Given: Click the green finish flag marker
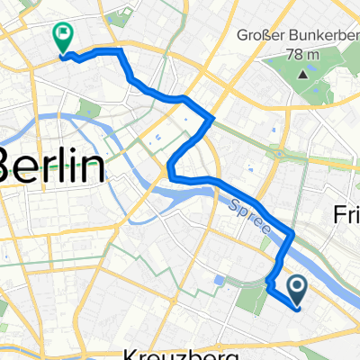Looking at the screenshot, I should pos(64,37).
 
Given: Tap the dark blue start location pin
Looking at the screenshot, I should pos(297,288).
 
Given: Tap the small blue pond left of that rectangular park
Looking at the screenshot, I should pos(219,280).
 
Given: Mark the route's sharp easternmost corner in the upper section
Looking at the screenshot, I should pos(212,118).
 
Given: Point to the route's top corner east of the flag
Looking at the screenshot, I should pos(118,51).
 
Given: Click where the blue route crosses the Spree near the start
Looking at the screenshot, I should pos(290,236).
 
